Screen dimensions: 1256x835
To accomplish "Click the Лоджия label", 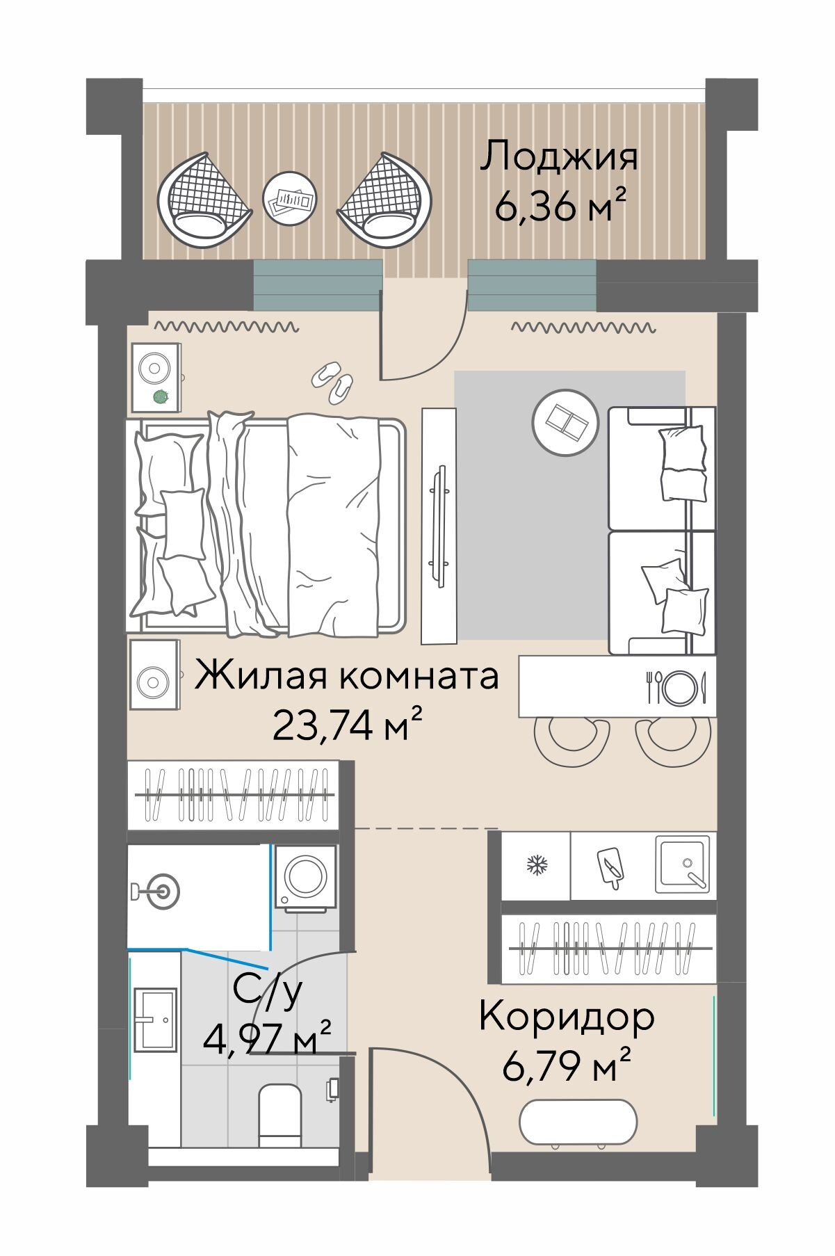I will pos(558,156).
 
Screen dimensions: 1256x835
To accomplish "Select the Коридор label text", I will pos(566,1017).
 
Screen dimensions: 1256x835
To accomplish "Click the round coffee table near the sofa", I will pos(565,422).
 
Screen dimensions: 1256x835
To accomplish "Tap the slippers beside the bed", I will pos(332,381).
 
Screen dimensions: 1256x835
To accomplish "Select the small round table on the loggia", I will pos(290,199).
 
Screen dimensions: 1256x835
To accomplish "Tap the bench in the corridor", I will pos(578,1120).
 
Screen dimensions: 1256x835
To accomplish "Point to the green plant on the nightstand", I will pos(160,397).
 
